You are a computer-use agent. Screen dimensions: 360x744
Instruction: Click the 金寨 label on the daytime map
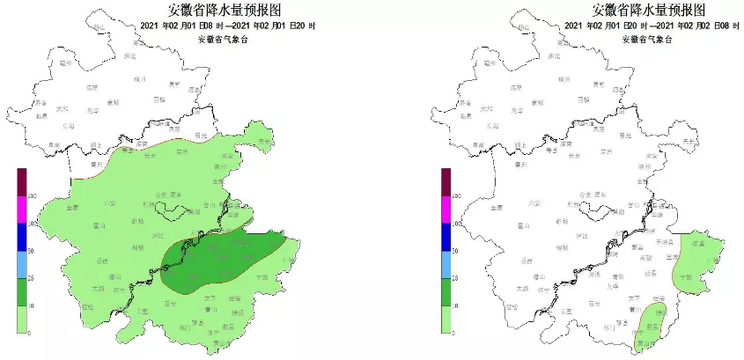[72, 208]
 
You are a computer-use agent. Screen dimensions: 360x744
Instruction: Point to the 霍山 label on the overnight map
[532, 225]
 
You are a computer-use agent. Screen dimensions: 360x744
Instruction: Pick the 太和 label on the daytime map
[61, 109]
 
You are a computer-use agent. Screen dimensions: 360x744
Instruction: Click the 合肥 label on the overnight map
[582, 194]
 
